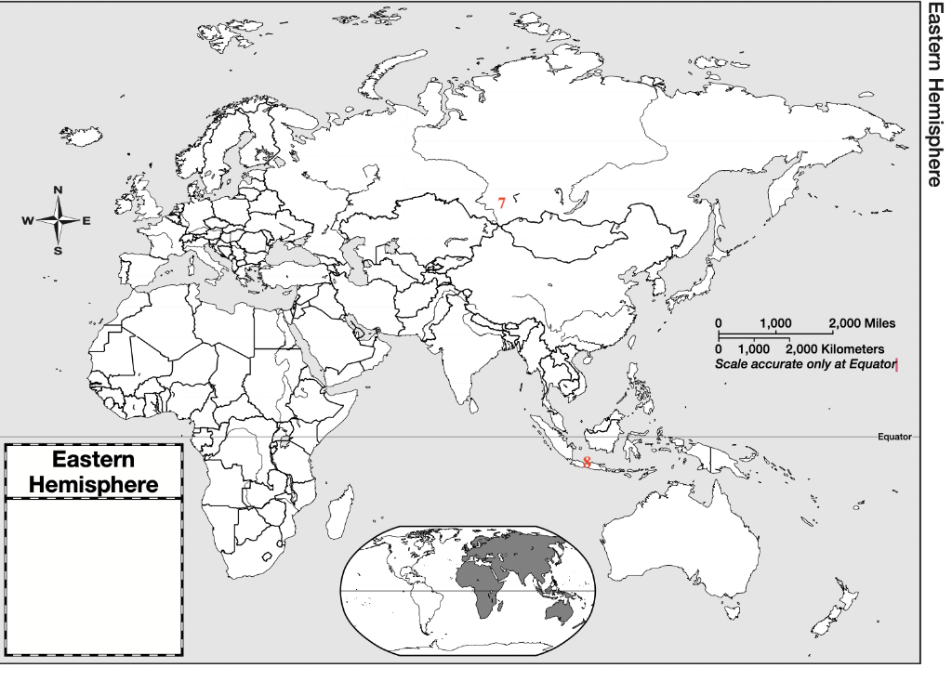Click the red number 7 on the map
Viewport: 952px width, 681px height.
point(501,203)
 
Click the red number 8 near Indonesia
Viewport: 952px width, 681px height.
point(587,462)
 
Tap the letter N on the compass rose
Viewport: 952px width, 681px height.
point(59,190)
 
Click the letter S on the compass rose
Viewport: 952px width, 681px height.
point(59,250)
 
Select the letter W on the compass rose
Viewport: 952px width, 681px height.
point(27,220)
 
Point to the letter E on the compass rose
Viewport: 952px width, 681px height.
point(86,220)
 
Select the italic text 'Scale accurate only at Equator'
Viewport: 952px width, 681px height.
point(805,363)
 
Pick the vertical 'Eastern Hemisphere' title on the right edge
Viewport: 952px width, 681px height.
point(933,93)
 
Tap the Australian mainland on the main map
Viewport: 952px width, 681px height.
point(679,548)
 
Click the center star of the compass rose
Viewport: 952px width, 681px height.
point(59,220)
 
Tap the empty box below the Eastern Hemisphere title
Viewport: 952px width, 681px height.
point(93,576)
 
